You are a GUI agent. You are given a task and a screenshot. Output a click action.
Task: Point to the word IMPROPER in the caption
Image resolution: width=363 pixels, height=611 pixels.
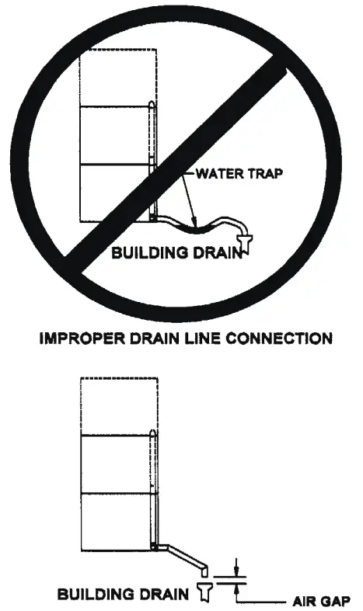(x=69, y=338)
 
